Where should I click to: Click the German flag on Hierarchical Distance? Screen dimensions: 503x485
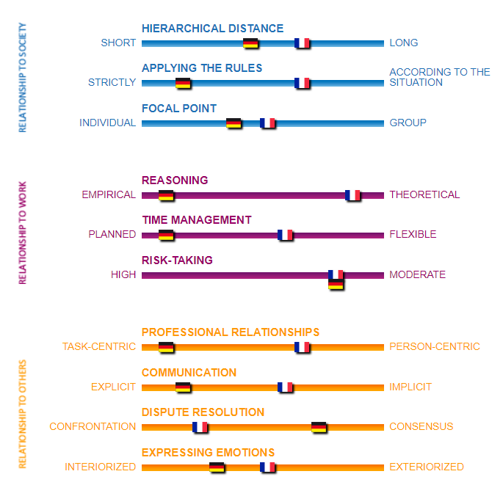250,43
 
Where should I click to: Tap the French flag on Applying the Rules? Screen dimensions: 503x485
302,83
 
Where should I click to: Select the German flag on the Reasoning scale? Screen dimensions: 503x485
166,195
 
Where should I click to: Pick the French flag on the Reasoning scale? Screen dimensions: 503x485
352,195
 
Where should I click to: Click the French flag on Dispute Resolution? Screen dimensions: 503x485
200,427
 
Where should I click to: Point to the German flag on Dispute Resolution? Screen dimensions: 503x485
319,427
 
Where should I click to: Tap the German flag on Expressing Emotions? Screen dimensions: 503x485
217,467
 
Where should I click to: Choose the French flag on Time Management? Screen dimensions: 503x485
284,235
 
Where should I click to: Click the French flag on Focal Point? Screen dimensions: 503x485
267,123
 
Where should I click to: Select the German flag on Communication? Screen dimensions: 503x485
183,387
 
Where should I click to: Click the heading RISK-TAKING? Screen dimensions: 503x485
177,260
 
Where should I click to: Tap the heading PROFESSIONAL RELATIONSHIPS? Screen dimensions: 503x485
231,332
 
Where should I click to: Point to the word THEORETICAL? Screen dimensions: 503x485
424,194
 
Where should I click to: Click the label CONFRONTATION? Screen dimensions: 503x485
93,426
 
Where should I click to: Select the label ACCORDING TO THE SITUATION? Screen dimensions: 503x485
440,77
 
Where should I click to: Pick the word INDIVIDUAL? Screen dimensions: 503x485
107,123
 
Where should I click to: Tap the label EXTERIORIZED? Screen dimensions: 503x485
427,467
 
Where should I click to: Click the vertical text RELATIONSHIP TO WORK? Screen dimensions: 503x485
22,233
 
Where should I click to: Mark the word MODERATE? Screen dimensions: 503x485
417,274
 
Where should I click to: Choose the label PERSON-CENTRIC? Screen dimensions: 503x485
435,346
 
